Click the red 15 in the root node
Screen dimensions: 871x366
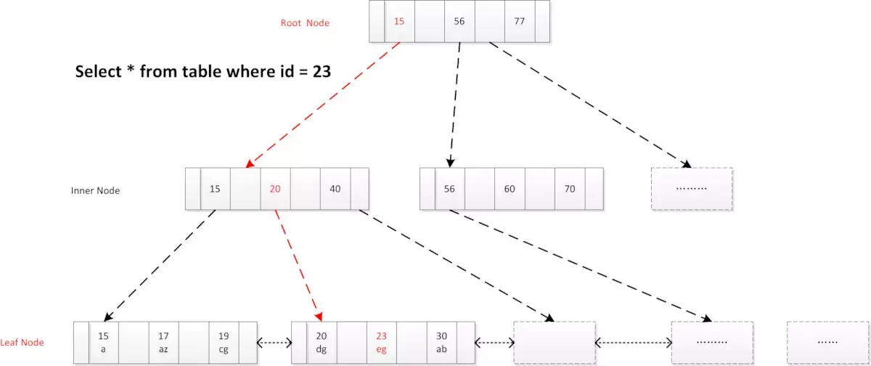(399, 21)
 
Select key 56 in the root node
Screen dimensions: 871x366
(459, 21)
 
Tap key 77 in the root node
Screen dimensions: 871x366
(519, 21)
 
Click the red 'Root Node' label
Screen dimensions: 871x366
(305, 23)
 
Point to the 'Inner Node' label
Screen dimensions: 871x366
(95, 191)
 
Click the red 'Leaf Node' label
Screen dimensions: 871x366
(23, 342)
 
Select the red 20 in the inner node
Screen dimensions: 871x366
(275, 189)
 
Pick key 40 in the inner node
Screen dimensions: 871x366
(335, 189)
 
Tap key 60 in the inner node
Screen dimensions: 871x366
(510, 189)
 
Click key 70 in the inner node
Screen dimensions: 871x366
(570, 189)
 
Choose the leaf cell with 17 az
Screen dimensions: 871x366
(163, 342)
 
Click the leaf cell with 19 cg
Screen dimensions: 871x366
(224, 342)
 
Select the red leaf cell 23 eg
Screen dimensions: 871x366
(381, 342)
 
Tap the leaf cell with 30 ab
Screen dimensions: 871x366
(441, 342)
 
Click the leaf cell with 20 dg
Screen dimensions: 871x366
(322, 342)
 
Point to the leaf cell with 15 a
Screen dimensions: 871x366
(103, 342)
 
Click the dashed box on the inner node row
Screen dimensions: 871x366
(692, 189)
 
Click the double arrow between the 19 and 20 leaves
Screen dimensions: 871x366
(274, 343)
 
